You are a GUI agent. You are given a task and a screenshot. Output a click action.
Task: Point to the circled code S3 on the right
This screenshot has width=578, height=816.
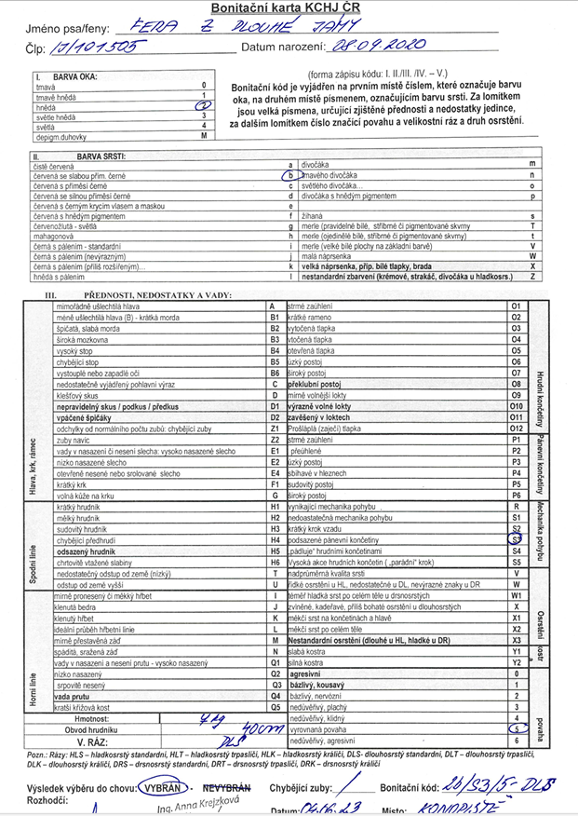[x=515, y=538]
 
